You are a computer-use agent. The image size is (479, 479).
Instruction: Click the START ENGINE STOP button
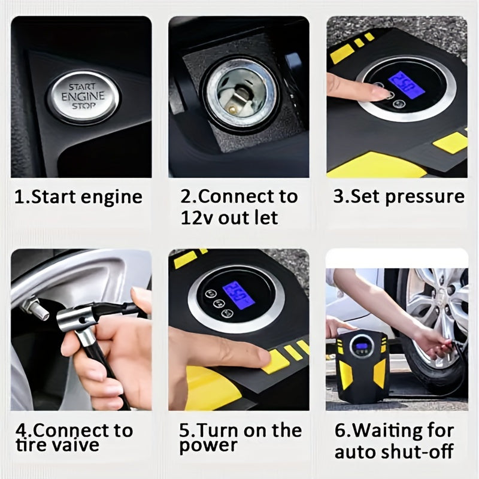[x=84, y=96]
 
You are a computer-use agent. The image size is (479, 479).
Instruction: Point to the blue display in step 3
[x=406, y=85]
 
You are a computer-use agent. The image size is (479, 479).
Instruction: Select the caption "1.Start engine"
[x=78, y=197]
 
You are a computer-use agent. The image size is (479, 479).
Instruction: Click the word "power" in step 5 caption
[x=208, y=445]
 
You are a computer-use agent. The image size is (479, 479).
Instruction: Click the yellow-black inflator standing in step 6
[x=361, y=363]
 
